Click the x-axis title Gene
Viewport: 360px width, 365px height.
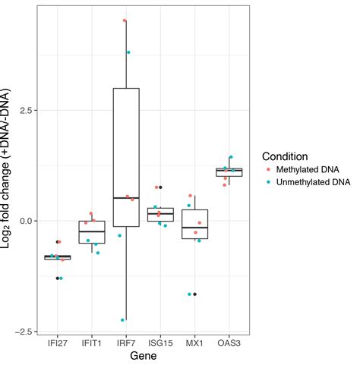143,355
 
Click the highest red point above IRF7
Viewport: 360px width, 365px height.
125,20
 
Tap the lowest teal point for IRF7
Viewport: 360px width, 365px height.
122,319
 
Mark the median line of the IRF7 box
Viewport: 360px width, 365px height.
126,198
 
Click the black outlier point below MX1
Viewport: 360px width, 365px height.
195,294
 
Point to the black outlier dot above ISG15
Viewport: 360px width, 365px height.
160,187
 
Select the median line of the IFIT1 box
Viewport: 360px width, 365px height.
92,231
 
